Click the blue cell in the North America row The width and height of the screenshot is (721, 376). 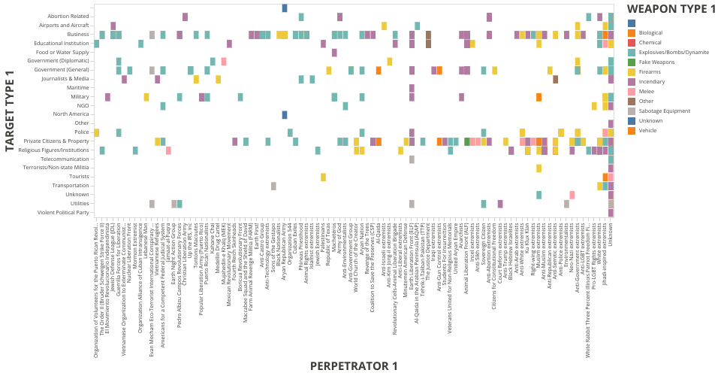pos(285,114)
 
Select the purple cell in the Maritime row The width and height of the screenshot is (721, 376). pos(412,88)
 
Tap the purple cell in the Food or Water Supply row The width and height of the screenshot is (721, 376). pos(334,52)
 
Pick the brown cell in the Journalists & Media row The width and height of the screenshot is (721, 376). pos(555,79)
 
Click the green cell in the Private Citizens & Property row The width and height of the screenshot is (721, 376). pos(467,141)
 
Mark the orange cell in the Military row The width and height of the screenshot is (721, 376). pos(538,97)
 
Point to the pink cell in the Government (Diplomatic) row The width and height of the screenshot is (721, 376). pos(224,61)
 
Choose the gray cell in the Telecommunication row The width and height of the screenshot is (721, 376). pos(412,159)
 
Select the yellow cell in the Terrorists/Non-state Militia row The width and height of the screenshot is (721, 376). pos(538,168)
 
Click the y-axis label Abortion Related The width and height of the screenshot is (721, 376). pos(68,17)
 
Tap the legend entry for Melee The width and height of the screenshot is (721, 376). pos(647,91)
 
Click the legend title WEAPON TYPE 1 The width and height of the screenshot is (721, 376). pos(671,9)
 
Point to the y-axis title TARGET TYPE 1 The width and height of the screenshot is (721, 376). pos(10,111)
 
